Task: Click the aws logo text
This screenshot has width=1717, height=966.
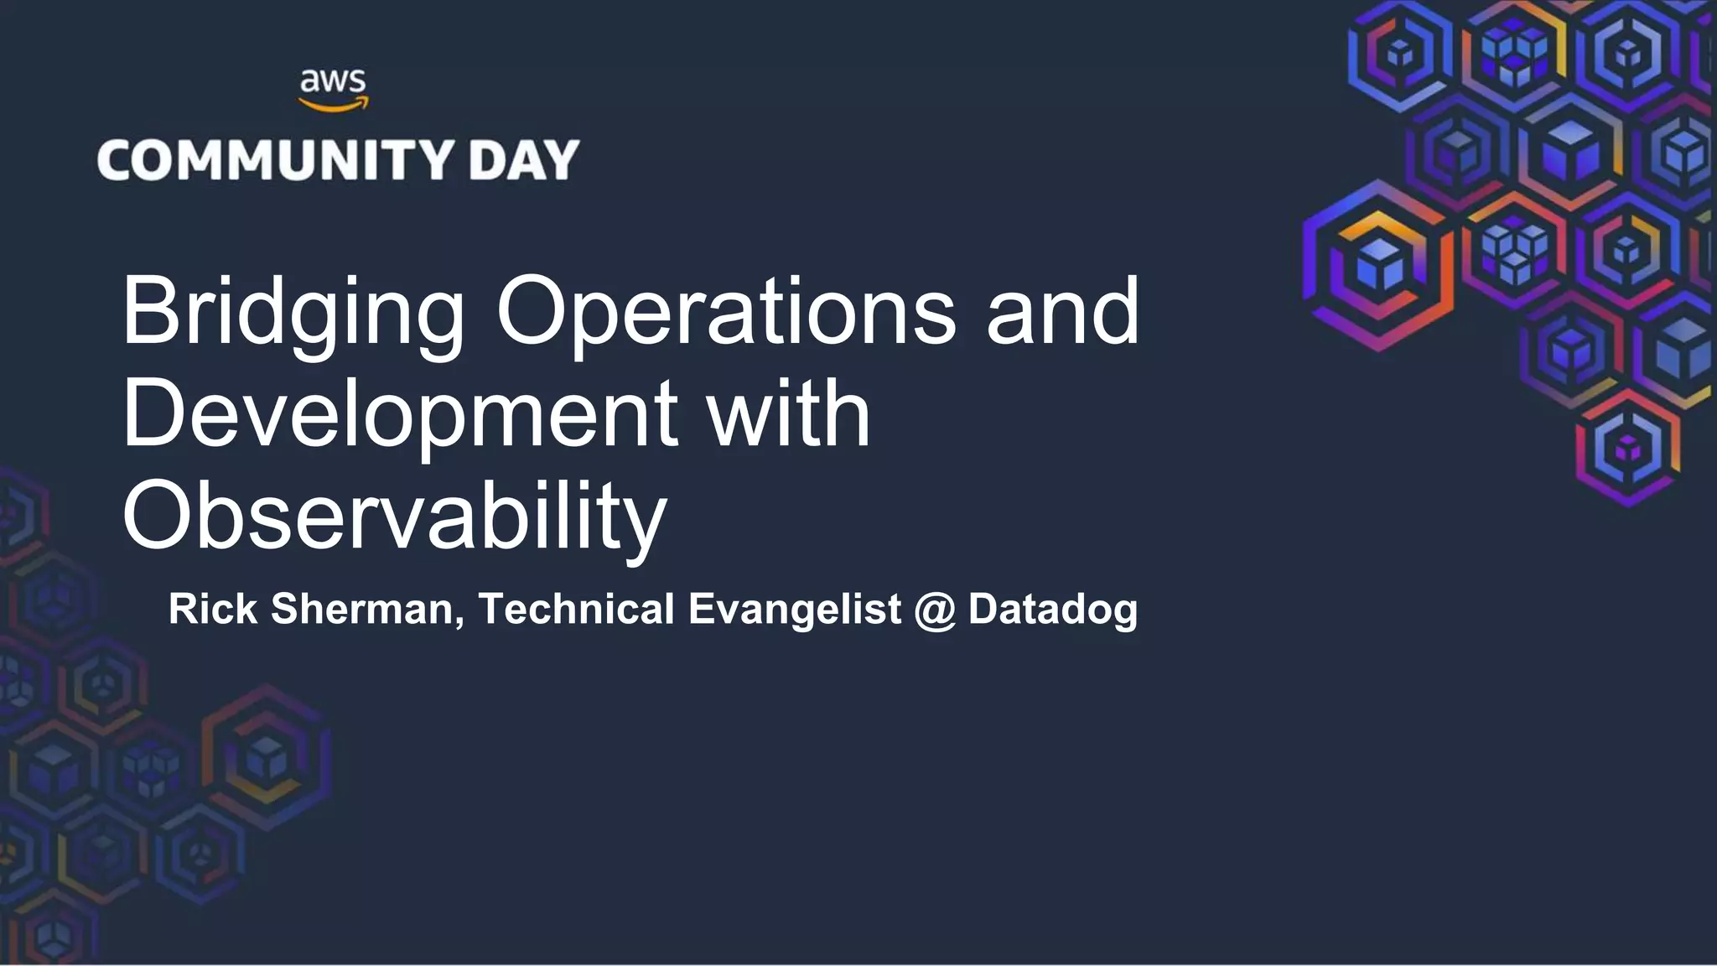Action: click(333, 81)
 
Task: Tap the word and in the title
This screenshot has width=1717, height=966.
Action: click(1062, 312)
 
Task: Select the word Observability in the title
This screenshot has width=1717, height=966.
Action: click(394, 517)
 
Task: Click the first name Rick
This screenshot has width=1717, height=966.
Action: click(213, 609)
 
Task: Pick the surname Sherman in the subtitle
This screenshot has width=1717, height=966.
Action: click(361, 609)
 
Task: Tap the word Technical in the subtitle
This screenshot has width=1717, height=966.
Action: click(576, 609)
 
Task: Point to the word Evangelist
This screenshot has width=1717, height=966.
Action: click(795, 610)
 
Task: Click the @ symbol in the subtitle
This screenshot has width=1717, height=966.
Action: click(935, 610)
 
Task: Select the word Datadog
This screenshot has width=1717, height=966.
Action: click(1053, 610)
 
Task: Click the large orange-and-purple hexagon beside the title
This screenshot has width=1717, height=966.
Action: click(1378, 265)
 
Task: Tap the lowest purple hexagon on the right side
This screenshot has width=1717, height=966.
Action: click(1628, 449)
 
